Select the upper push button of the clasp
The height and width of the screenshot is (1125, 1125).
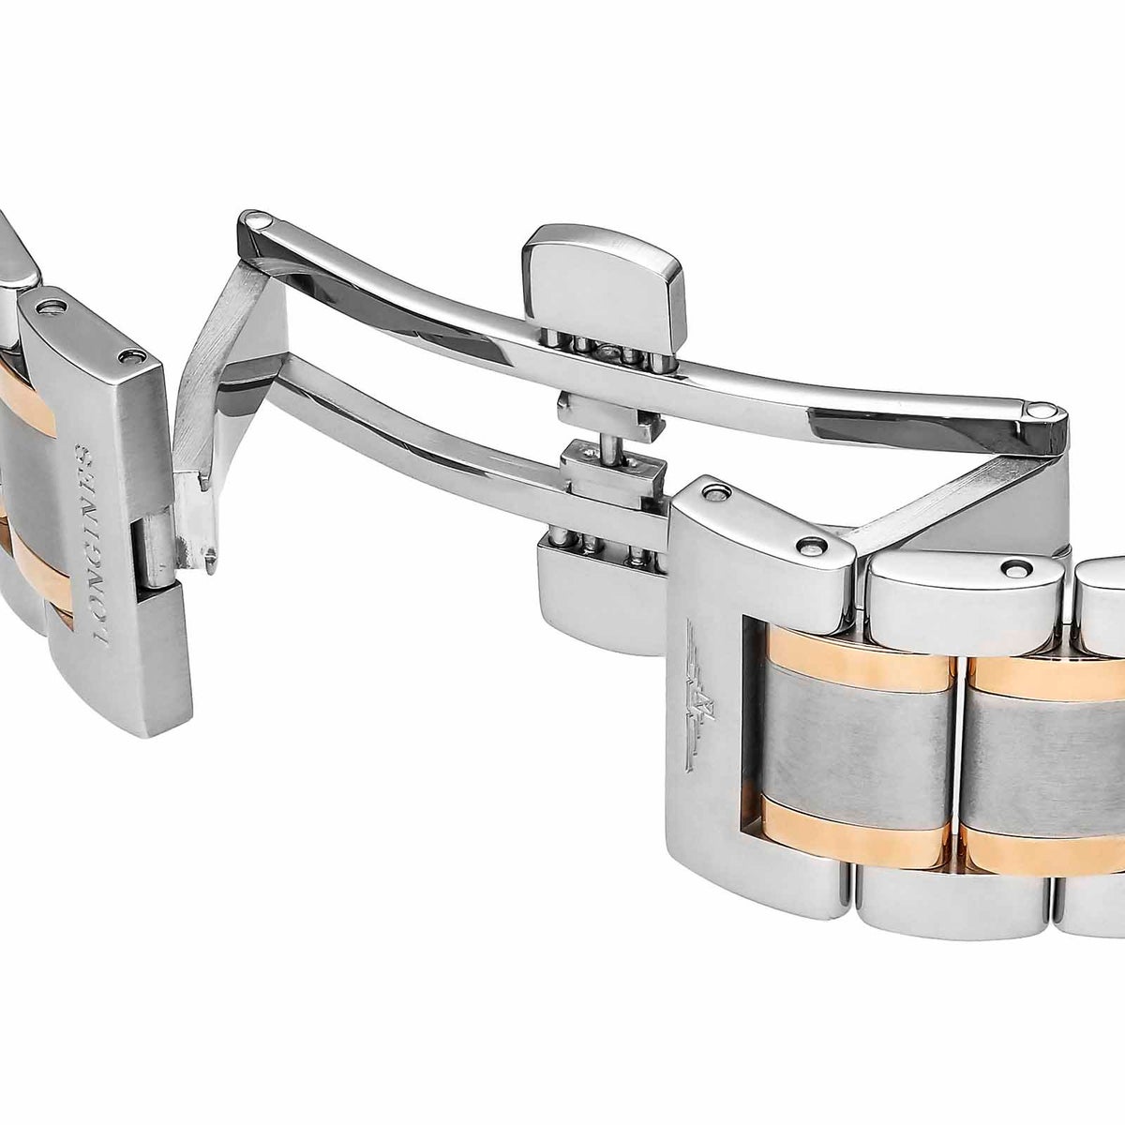pyautogui.click(x=604, y=287)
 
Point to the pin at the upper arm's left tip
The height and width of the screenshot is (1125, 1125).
pyautogui.click(x=257, y=222)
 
